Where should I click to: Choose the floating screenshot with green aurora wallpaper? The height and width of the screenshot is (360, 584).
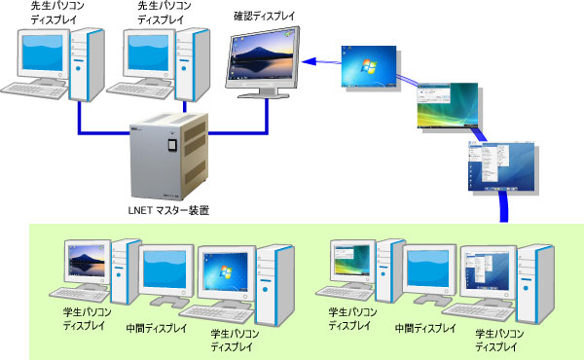[x=447, y=106]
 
